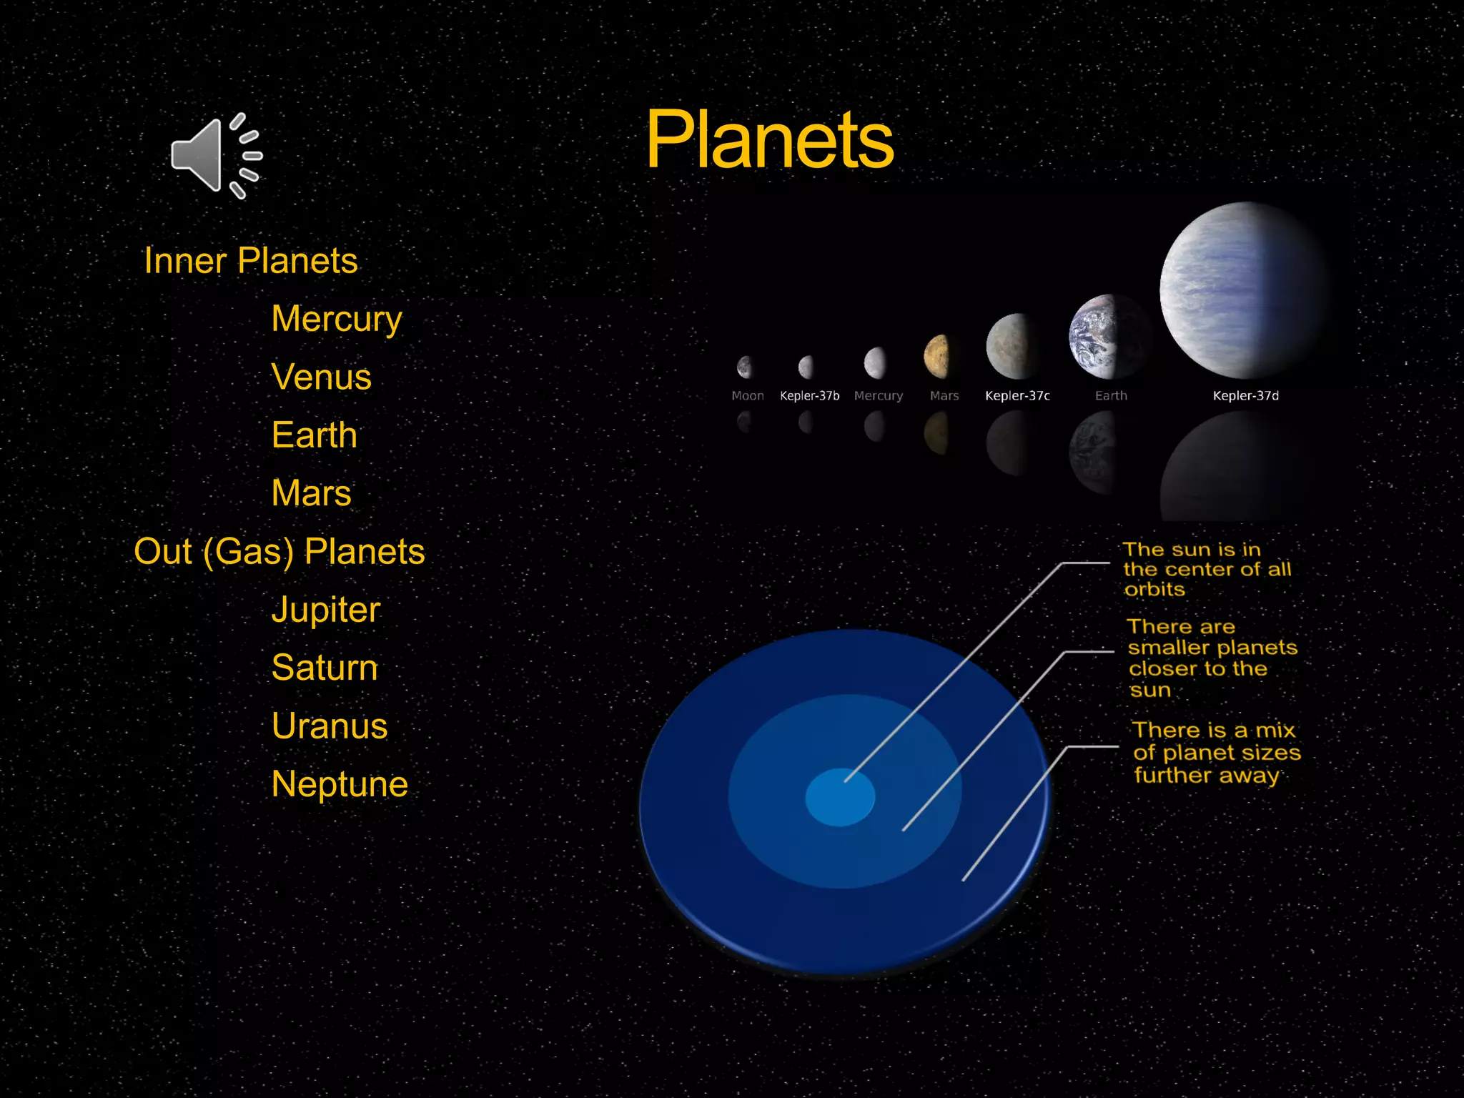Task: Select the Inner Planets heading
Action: click(250, 260)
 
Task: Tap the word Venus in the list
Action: click(321, 377)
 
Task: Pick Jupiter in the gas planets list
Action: click(325, 610)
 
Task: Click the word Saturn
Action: click(324, 668)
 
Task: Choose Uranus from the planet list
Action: click(329, 726)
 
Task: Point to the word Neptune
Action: click(340, 784)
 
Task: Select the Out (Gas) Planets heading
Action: click(279, 551)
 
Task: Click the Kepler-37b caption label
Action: click(809, 396)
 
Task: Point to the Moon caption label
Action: click(747, 396)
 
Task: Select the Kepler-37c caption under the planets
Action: click(1017, 396)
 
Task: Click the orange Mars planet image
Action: click(937, 356)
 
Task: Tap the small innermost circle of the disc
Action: click(839, 798)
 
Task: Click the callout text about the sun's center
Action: click(1206, 569)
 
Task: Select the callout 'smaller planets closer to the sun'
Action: click(1211, 658)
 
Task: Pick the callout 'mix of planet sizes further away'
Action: click(1215, 752)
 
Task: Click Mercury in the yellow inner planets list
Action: click(337, 319)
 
